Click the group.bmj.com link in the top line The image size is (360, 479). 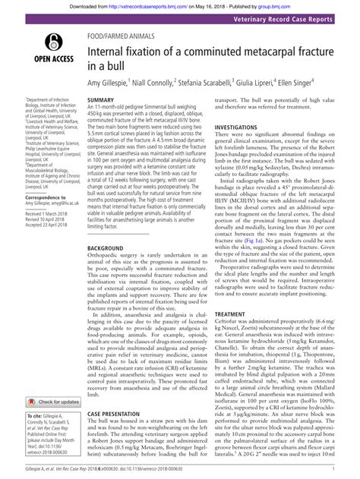point(311,5)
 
